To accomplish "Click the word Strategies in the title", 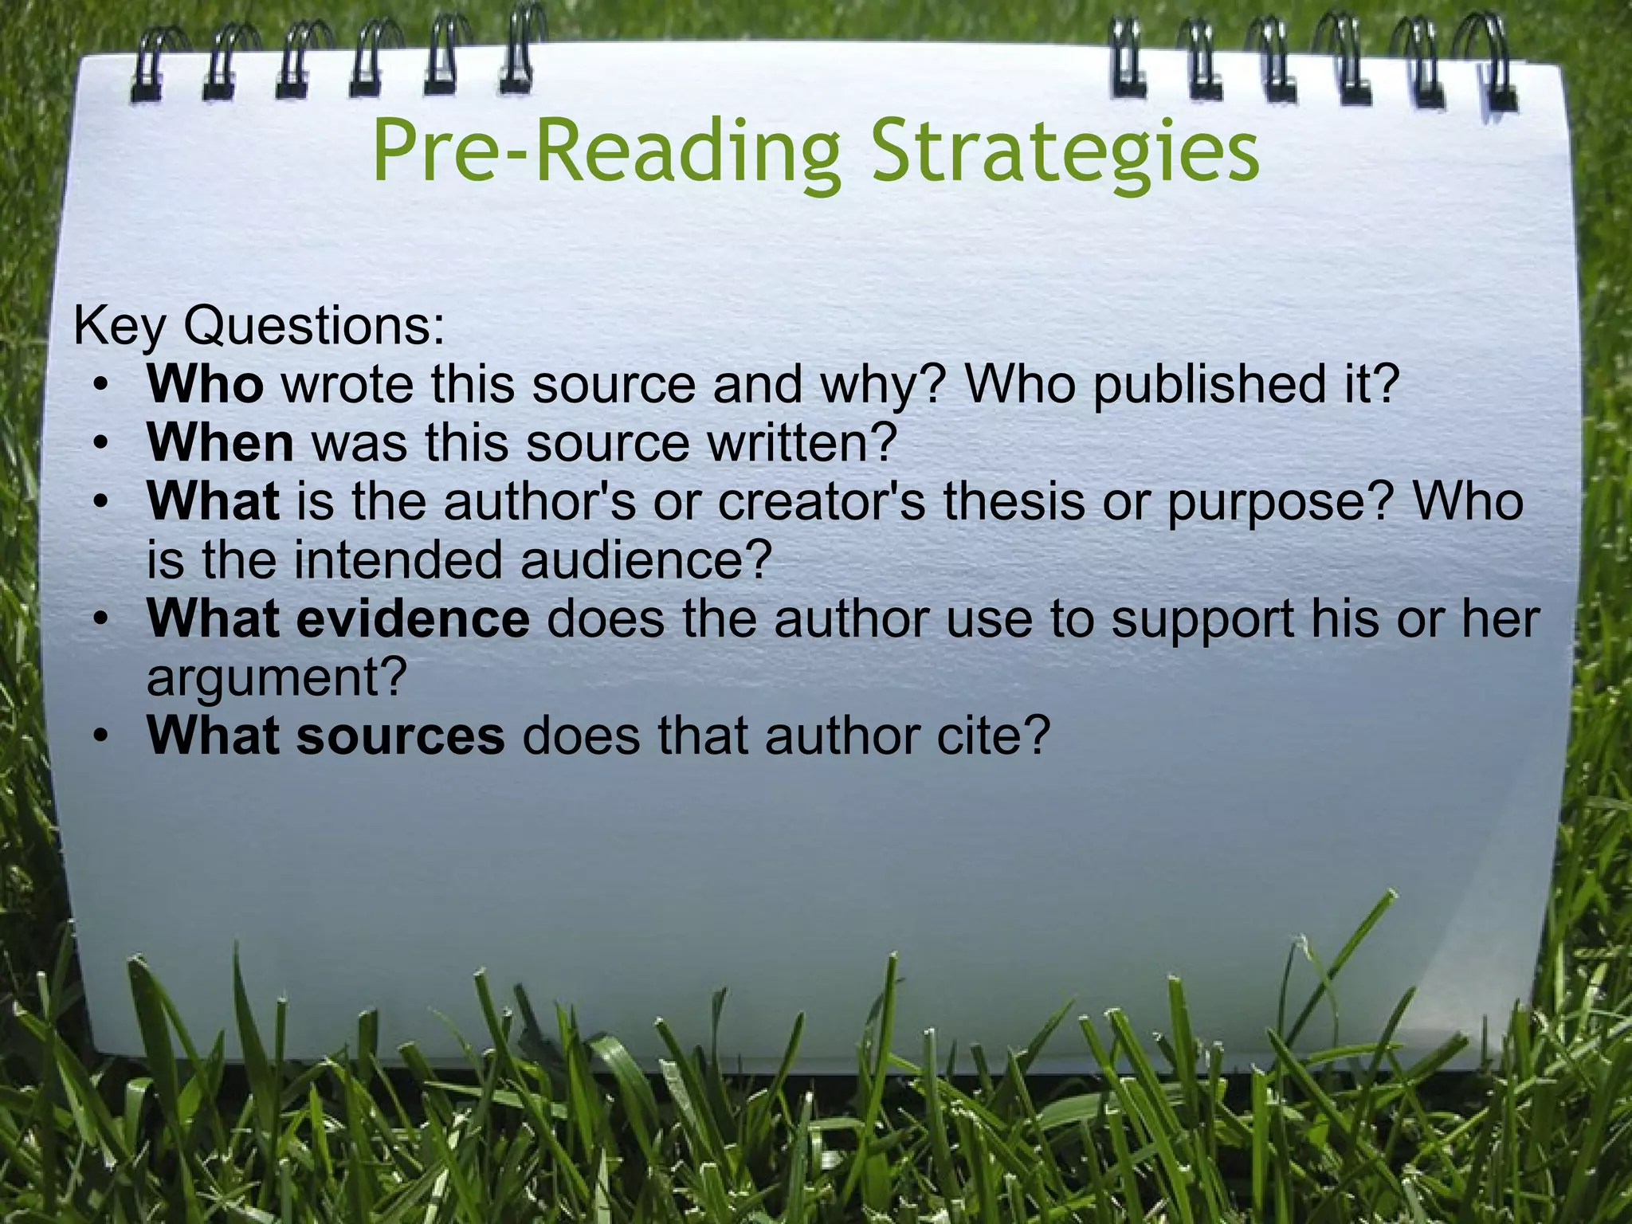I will [1065, 151].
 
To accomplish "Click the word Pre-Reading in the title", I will [606, 151].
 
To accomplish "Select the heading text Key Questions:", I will [259, 326].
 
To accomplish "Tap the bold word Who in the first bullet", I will [205, 384].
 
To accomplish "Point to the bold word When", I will [220, 443].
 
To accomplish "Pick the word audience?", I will [647, 559].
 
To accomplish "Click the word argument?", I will [277, 679].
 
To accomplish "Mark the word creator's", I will [821, 502].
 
